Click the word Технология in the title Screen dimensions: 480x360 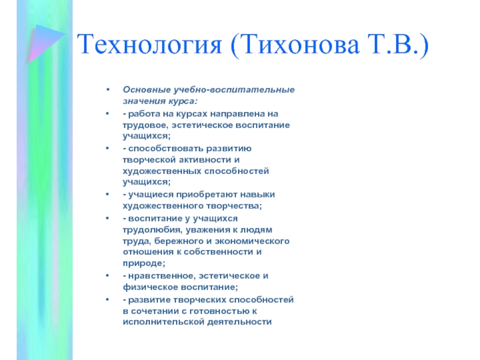[x=149, y=44]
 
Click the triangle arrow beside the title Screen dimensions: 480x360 [x=47, y=43]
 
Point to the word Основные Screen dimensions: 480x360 [x=147, y=89]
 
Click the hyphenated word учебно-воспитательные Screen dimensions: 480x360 [x=234, y=89]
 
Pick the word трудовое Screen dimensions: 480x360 [x=145, y=125]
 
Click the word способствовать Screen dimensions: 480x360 [x=166, y=148]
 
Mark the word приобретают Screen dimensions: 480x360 [x=206, y=194]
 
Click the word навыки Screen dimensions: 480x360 [x=257, y=194]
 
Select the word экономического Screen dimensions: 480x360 [x=252, y=241]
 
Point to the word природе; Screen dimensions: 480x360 [x=144, y=263]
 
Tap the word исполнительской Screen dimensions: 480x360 [x=163, y=322]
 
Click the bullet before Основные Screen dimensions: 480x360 [x=107, y=89]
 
